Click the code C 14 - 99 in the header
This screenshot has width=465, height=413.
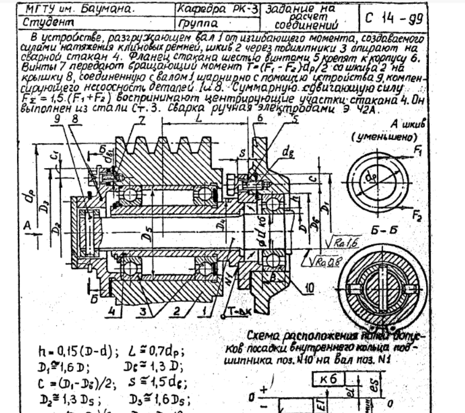[392, 17]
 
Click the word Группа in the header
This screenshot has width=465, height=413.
[196, 23]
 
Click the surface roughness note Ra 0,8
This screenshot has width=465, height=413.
[321, 261]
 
